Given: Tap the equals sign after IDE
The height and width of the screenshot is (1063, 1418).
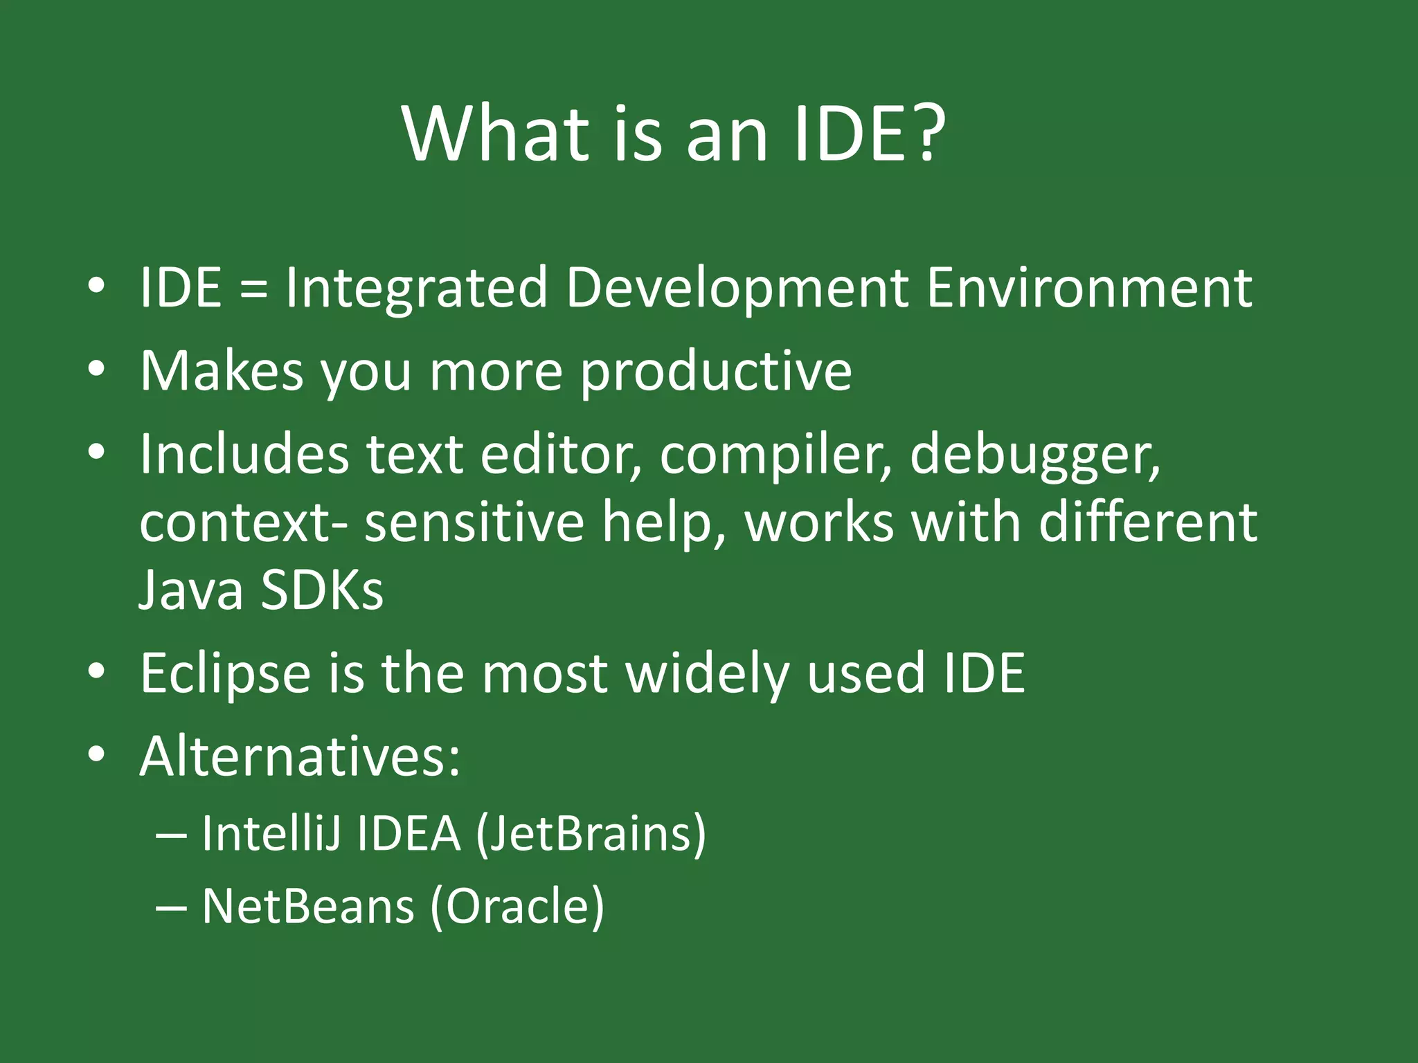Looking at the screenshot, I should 253,289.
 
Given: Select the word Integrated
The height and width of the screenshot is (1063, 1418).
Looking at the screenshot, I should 416,289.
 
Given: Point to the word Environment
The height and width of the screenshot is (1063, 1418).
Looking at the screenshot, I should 1089,288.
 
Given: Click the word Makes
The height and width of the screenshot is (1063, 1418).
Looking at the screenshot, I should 222,371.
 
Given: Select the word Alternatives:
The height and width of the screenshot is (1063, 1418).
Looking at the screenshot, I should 300,756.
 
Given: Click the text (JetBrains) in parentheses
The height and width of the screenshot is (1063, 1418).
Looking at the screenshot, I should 591,835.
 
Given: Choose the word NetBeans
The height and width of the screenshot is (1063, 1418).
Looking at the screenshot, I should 307,906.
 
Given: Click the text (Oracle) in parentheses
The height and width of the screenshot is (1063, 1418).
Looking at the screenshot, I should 517,907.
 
